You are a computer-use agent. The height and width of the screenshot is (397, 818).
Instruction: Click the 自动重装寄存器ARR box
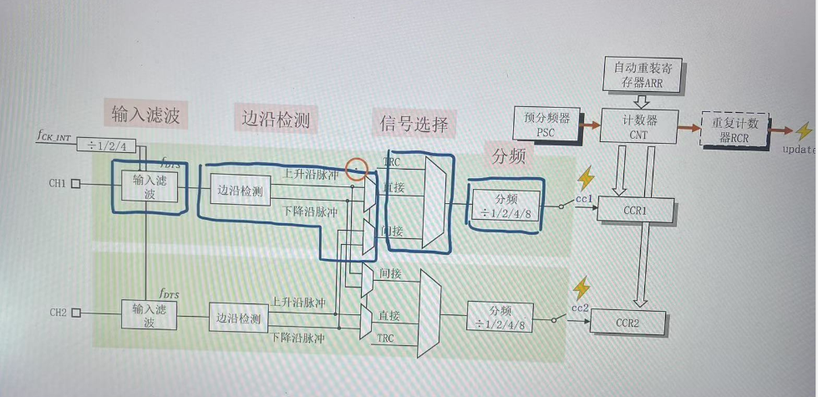click(643, 74)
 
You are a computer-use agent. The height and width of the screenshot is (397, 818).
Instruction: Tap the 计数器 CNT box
click(638, 125)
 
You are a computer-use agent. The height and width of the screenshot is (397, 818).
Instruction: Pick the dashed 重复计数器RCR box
click(735, 130)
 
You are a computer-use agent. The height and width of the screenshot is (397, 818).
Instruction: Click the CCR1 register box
click(636, 210)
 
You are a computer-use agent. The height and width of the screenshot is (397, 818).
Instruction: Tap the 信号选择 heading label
click(414, 123)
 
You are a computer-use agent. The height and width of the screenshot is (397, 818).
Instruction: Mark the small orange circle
click(358, 168)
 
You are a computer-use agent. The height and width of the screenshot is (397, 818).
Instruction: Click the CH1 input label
click(57, 182)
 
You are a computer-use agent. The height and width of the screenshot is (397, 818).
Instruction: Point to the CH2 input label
click(57, 313)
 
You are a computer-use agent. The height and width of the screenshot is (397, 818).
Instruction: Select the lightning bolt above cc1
click(586, 178)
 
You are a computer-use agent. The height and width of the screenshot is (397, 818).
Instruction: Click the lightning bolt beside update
click(803, 131)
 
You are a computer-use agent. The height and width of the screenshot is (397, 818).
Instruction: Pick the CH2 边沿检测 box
click(238, 318)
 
